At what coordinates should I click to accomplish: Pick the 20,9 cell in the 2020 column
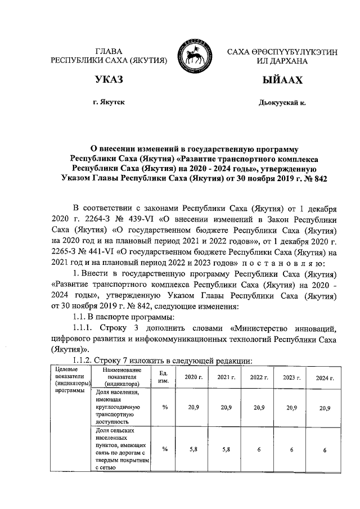(x=193, y=407)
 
